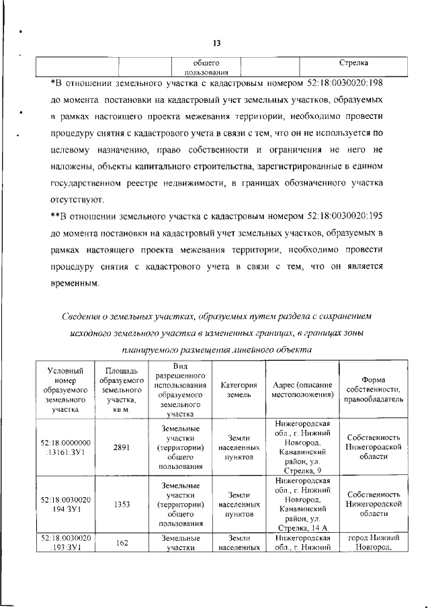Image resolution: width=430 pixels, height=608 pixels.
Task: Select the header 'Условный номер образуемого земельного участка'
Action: (x=66, y=389)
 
